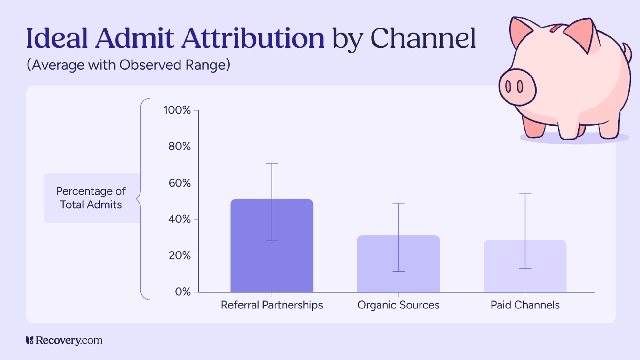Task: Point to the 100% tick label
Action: click(177, 110)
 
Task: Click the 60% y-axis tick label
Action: click(180, 183)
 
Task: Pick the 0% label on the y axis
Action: click(183, 292)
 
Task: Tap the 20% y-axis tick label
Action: click(180, 256)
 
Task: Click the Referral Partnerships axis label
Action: click(272, 305)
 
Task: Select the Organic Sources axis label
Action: click(398, 305)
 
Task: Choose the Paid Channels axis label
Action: click(525, 305)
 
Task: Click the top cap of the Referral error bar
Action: click(272, 163)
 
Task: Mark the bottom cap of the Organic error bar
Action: click(398, 271)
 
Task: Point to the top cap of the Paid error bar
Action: click(525, 194)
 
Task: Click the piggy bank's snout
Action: click(517, 87)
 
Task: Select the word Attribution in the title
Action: click(253, 38)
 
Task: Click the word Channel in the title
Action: click(423, 38)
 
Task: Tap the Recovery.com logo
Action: click(64, 340)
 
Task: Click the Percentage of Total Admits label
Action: click(91, 198)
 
